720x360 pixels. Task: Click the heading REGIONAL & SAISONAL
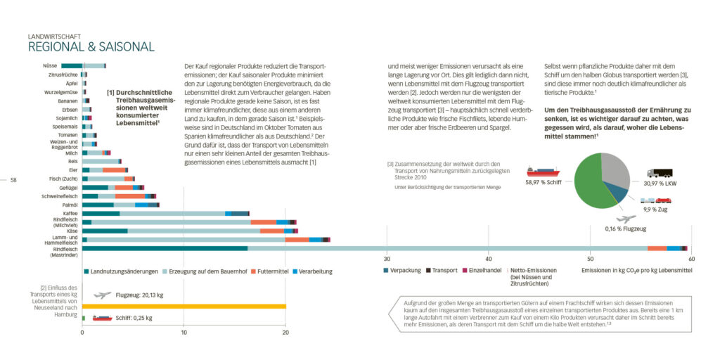tap(91, 47)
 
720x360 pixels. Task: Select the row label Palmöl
tap(69, 205)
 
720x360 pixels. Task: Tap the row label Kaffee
tap(70, 213)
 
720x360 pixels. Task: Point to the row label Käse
tap(72, 231)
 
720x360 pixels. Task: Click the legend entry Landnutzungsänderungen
tap(121, 271)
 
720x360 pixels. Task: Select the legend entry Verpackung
tap(404, 270)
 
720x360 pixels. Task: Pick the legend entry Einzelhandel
tap(484, 270)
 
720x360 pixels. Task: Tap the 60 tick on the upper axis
tap(692, 259)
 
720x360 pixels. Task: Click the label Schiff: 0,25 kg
tap(134, 318)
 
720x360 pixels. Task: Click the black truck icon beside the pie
tap(659, 173)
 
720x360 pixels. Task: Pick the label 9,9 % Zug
tap(655, 209)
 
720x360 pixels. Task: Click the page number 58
tap(13, 180)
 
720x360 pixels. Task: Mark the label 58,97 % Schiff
tap(542, 181)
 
